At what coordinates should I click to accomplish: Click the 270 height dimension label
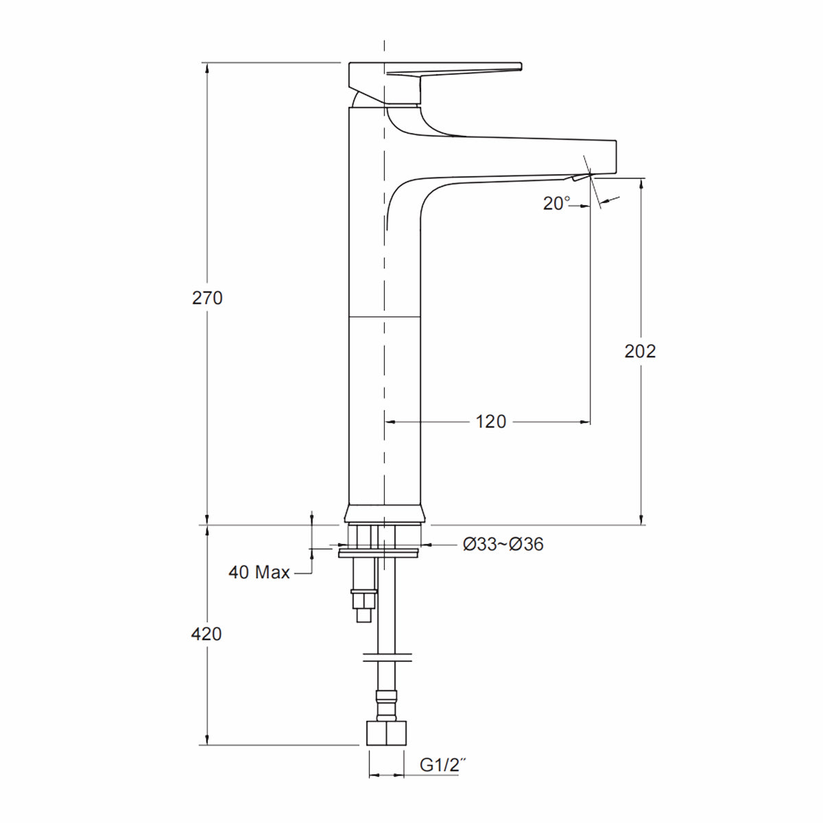[207, 298]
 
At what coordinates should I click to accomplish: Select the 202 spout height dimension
[640, 350]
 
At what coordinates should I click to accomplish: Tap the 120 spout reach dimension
[490, 421]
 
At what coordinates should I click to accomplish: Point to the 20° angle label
[556, 203]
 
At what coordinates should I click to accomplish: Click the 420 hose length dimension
[206, 634]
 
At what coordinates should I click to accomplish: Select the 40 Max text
[259, 572]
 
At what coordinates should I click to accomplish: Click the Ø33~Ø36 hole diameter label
[503, 545]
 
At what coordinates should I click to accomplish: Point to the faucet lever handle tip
[518, 67]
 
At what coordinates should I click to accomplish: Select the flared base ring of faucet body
[384, 514]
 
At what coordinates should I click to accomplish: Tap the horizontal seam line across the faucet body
[384, 318]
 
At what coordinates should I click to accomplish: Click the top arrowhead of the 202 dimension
[641, 183]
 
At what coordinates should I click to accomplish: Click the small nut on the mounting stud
[363, 601]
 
